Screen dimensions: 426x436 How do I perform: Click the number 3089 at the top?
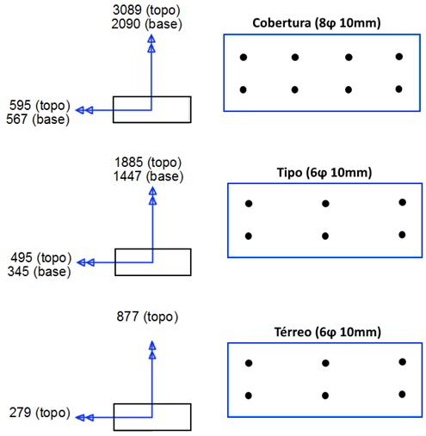click(x=127, y=10)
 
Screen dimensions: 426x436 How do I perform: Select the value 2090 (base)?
click(x=146, y=24)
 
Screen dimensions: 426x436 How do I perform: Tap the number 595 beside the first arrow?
click(x=20, y=105)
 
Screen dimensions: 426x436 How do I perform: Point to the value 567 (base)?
click(x=38, y=120)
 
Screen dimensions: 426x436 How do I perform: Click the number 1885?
click(x=129, y=163)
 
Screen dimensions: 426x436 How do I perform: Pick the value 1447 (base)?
click(x=148, y=176)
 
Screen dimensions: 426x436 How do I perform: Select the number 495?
click(x=22, y=257)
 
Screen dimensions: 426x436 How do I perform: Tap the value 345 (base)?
click(x=40, y=272)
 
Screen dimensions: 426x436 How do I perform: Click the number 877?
click(x=127, y=316)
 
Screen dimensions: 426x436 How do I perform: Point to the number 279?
click(x=20, y=413)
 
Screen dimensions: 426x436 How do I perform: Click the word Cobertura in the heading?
click(x=281, y=23)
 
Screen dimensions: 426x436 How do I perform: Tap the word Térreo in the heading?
click(x=293, y=332)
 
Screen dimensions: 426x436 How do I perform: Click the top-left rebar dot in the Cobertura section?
click(x=244, y=58)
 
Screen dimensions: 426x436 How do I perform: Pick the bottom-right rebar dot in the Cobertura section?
click(x=398, y=89)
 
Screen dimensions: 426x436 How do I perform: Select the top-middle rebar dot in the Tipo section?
click(x=325, y=204)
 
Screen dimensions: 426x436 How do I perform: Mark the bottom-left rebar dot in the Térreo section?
click(x=249, y=396)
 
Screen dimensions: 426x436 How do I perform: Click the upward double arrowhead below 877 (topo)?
click(x=152, y=350)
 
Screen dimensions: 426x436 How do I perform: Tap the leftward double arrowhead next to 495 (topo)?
click(x=86, y=262)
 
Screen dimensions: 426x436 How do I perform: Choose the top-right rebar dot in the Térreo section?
click(x=403, y=362)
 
